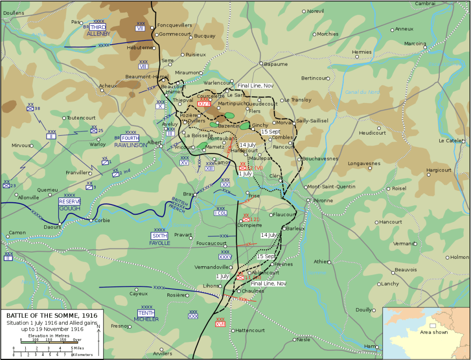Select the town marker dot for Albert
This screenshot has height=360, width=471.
pos(161,147)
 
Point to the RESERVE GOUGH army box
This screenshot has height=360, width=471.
pos(70,205)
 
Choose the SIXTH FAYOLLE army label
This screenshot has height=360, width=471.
pos(160,239)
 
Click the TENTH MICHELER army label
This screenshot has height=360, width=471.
pos(146,316)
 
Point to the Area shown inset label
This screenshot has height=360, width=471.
pos(433,332)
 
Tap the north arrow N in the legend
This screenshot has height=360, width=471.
pos(98,326)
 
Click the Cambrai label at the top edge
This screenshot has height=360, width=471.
pos(425,3)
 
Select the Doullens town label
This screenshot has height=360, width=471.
pos(13,13)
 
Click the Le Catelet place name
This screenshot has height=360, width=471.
pos(452,141)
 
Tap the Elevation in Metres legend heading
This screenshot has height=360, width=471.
pos(49,336)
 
